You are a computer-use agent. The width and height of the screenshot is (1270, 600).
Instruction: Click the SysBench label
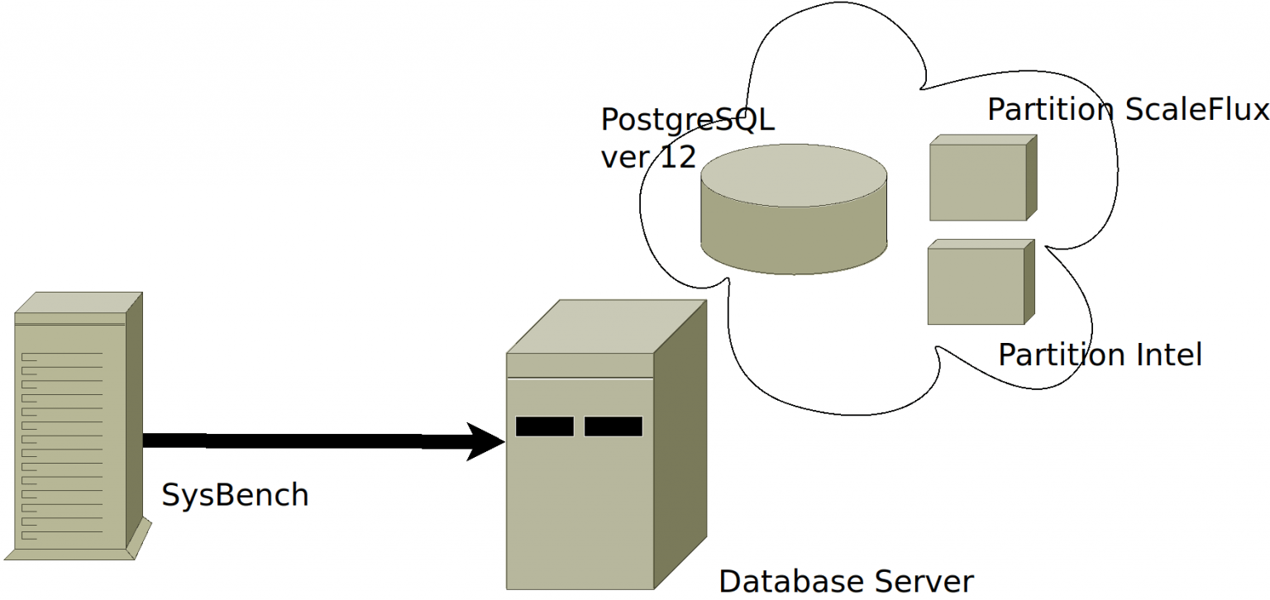tap(235, 495)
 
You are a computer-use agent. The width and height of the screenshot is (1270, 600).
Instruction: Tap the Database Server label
tap(846, 581)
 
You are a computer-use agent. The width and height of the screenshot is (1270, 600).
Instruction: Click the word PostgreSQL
tap(687, 120)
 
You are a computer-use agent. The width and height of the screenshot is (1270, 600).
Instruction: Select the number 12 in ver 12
tap(677, 157)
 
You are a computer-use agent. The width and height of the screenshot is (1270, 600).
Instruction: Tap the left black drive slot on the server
tap(544, 426)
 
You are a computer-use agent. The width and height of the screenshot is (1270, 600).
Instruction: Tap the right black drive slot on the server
tap(613, 426)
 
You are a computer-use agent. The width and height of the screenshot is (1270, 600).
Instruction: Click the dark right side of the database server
tap(680, 446)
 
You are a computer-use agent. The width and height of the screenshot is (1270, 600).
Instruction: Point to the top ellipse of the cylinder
tap(794, 176)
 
